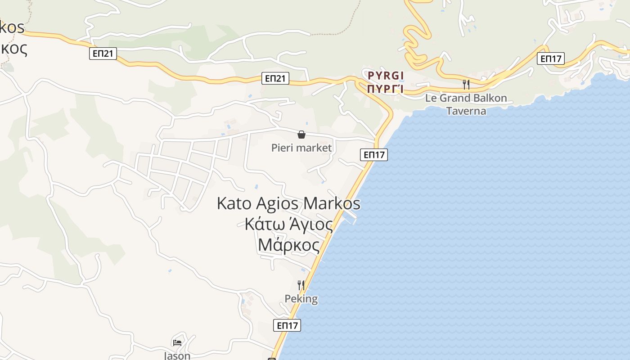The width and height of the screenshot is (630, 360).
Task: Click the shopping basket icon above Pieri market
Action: click(x=301, y=134)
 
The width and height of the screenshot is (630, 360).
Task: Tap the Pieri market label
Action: click(x=301, y=148)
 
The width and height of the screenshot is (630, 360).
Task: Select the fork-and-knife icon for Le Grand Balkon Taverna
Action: click(x=466, y=84)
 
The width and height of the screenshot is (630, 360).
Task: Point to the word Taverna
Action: click(x=466, y=111)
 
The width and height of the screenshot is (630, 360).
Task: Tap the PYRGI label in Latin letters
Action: click(x=386, y=75)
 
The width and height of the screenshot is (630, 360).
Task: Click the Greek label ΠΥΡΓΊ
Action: click(x=385, y=88)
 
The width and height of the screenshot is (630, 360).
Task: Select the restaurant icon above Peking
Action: click(x=301, y=285)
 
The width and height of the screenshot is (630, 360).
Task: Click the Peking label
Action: click(x=301, y=299)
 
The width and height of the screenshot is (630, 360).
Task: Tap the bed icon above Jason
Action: click(x=177, y=342)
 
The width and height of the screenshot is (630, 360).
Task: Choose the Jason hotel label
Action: click(x=177, y=355)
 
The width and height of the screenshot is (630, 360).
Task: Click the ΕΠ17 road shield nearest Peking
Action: click(x=287, y=325)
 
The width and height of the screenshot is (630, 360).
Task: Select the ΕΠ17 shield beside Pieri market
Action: click(x=374, y=155)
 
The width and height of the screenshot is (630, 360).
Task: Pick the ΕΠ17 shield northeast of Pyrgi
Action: click(x=551, y=58)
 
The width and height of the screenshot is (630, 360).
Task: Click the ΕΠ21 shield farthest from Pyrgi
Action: click(x=103, y=54)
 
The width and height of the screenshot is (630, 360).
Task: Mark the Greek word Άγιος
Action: click(x=311, y=224)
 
